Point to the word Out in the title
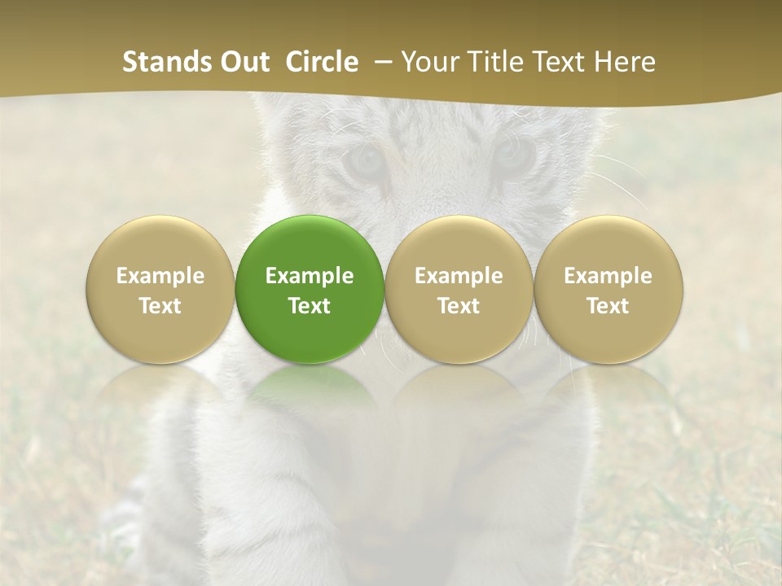pyautogui.click(x=244, y=62)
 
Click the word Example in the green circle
pyautogui.click(x=310, y=276)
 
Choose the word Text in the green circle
pyautogui.click(x=310, y=306)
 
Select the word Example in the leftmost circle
pyautogui.click(x=160, y=276)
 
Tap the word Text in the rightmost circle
pyautogui.click(x=608, y=306)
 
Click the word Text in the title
pyautogui.click(x=560, y=62)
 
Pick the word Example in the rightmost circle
pyautogui.click(x=608, y=276)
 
